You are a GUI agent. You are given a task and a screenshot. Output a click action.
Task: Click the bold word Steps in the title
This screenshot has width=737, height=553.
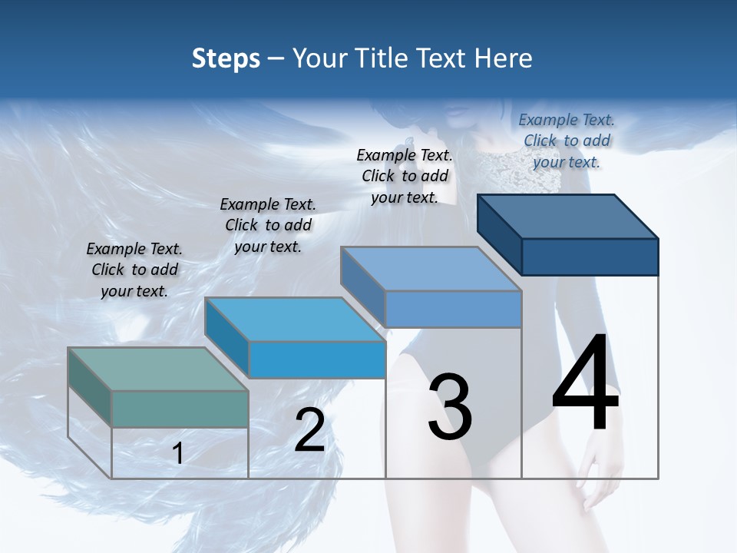tap(226, 58)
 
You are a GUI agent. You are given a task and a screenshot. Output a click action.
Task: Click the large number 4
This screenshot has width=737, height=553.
tap(585, 384)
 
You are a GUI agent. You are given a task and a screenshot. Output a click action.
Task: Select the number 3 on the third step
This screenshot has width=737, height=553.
tap(450, 408)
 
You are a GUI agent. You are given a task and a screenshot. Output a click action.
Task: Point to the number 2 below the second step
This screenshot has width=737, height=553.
tap(309, 431)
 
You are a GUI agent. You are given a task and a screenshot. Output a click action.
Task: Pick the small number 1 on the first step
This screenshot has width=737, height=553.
tap(177, 454)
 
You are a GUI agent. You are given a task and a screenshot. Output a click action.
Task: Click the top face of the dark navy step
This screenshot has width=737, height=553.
tap(568, 217)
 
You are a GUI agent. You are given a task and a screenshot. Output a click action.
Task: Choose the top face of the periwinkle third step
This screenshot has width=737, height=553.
tap(431, 269)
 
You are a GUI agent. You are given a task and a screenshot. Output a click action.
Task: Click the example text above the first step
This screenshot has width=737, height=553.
tap(134, 270)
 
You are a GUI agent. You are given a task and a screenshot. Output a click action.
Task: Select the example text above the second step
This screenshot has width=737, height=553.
tap(268, 225)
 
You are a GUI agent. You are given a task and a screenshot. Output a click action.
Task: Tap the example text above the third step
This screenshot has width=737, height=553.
tap(405, 176)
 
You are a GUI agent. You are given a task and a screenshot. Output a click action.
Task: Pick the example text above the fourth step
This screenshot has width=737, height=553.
tap(567, 141)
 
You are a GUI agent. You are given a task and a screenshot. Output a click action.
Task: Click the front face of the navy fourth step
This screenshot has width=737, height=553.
tap(590, 257)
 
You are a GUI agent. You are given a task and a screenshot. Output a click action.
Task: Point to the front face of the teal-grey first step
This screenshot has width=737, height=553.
tap(180, 409)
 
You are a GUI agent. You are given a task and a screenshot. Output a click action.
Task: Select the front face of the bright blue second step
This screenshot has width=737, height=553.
tap(317, 359)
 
